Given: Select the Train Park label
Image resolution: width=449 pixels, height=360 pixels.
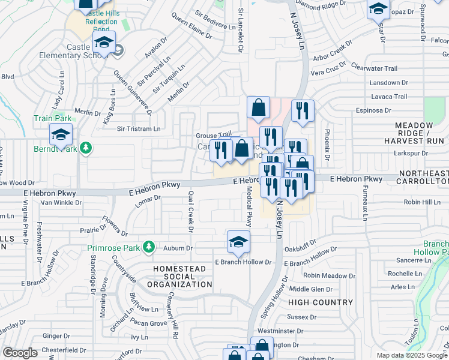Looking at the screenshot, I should tap(49, 119).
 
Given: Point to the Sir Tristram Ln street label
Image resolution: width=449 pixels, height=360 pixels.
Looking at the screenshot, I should tap(139, 128).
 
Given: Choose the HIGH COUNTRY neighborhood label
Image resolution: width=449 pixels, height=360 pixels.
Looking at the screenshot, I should tap(322, 303).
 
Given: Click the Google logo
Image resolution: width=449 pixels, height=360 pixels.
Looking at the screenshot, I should tap(19, 353).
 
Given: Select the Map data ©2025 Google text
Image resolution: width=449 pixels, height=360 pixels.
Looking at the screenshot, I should tap(412, 355).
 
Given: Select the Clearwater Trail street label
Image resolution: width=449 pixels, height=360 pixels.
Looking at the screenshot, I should tap(375, 68).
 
